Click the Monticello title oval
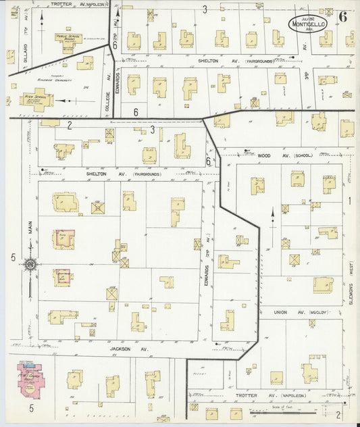pos(308,22)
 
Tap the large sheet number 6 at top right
pos(344,16)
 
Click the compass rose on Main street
pos(30,264)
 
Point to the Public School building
pos(69,38)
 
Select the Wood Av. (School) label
pos(281,155)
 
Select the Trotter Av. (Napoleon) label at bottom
pos(268,395)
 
